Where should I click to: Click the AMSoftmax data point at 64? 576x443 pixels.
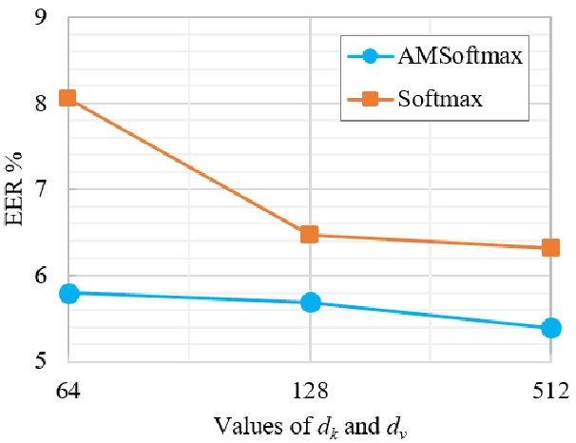point(68,293)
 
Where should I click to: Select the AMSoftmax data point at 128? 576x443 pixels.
point(310,302)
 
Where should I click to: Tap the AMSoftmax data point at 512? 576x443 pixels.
point(551,328)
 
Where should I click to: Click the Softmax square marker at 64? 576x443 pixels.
point(68,98)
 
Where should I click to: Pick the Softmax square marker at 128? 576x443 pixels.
point(310,234)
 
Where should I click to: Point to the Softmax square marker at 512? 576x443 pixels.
point(551,248)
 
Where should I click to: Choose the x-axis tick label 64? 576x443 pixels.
point(68,389)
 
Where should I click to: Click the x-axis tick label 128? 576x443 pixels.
point(310,389)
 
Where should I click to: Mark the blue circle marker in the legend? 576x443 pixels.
point(371,57)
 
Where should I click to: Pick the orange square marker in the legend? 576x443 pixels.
point(371,98)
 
